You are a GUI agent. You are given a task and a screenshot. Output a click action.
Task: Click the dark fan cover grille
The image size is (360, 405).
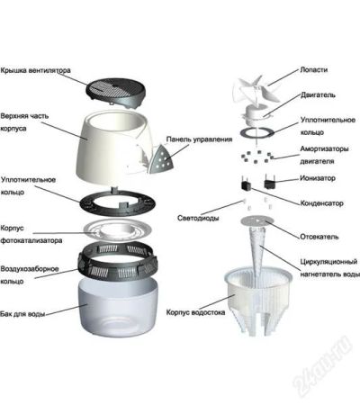click(116, 93)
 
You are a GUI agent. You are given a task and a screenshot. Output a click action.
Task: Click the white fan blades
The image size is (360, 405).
click(256, 89)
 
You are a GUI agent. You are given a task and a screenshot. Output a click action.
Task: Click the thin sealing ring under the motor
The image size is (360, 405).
click(257, 132)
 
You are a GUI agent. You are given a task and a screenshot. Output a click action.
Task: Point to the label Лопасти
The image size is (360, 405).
click(313, 70)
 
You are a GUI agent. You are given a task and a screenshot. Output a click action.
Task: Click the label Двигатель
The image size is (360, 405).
click(318, 95)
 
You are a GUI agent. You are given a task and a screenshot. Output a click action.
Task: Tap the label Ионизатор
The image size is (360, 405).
click(318, 178)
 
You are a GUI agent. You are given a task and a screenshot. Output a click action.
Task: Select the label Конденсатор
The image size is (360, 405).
click(321, 203)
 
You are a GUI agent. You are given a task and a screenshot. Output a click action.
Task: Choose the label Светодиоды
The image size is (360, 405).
click(198, 218)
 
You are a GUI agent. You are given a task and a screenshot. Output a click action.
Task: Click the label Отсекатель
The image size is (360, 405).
click(319, 237)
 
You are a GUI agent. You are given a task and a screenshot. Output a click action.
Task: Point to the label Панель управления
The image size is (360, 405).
click(199, 139)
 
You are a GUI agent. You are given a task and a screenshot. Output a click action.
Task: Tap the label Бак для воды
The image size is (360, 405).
click(22, 314)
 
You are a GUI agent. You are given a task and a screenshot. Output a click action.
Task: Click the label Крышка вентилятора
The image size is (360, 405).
click(35, 70)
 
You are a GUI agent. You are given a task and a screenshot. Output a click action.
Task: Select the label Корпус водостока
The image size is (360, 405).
click(195, 312)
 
